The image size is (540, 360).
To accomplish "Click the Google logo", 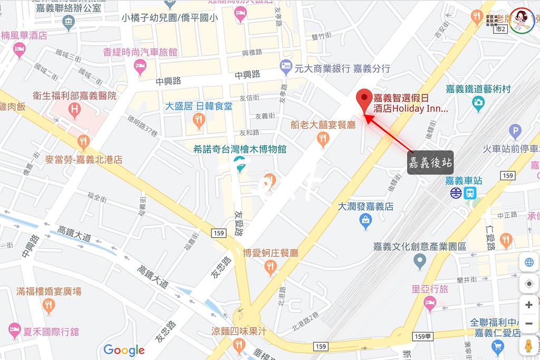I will [x=124, y=349].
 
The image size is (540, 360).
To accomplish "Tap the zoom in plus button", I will [x=529, y=305].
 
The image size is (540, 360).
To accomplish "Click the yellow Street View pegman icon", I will [x=529, y=346].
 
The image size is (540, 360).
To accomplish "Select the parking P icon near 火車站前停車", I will [x=515, y=130].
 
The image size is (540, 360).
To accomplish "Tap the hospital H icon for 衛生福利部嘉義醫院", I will [x=75, y=110].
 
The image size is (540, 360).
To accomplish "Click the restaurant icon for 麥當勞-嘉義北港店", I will [x=83, y=141].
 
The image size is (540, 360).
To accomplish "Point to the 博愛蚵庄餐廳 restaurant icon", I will [x=271, y=267].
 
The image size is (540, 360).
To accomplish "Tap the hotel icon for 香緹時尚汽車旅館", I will [x=140, y=66].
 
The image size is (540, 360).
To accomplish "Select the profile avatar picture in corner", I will [x=522, y=21].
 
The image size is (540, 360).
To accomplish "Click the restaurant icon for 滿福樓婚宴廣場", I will [x=49, y=305].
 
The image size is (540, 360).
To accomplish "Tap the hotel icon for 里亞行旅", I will [x=430, y=303].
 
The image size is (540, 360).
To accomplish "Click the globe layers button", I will [x=529, y=263].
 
